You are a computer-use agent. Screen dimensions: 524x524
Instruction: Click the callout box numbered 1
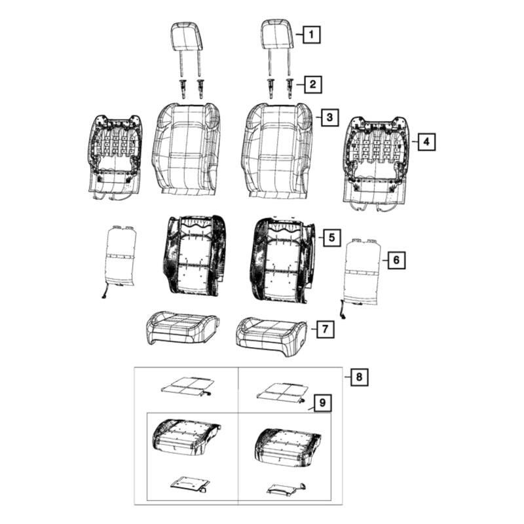(x=312, y=34)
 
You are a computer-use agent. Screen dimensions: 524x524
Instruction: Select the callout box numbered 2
(x=313, y=84)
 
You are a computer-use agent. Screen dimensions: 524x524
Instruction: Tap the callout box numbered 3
(x=330, y=117)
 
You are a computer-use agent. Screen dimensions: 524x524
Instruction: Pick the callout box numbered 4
(x=427, y=141)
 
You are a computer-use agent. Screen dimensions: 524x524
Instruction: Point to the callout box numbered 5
(x=331, y=237)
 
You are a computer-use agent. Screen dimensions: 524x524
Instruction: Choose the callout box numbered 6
(x=396, y=259)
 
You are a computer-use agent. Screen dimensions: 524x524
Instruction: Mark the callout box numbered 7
(x=326, y=329)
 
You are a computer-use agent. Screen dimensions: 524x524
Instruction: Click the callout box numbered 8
(x=359, y=377)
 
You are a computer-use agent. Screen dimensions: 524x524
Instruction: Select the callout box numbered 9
(x=322, y=403)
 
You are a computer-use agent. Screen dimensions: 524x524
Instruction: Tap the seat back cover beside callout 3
(x=277, y=151)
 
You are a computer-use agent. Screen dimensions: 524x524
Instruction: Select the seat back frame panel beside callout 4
(x=376, y=164)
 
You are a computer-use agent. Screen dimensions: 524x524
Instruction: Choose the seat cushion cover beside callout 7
(x=271, y=337)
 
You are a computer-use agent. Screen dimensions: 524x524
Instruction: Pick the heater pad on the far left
(x=119, y=260)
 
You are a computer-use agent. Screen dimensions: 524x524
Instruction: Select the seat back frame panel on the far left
(x=116, y=158)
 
